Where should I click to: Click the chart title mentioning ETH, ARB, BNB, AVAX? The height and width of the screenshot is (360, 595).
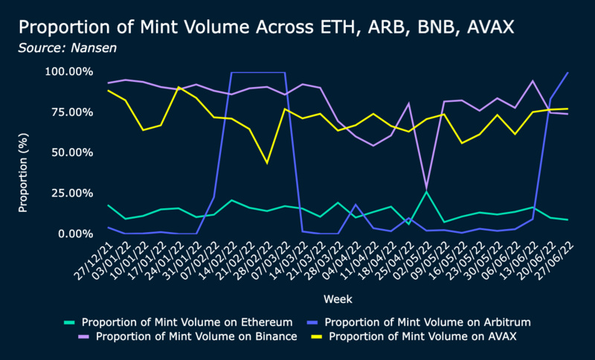pos(266,28)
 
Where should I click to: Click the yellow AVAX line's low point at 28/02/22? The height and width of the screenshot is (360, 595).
pos(267,163)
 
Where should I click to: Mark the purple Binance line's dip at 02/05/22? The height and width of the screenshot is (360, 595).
pos(427,187)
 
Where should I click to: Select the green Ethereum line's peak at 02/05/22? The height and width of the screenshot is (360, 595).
pos(427,192)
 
